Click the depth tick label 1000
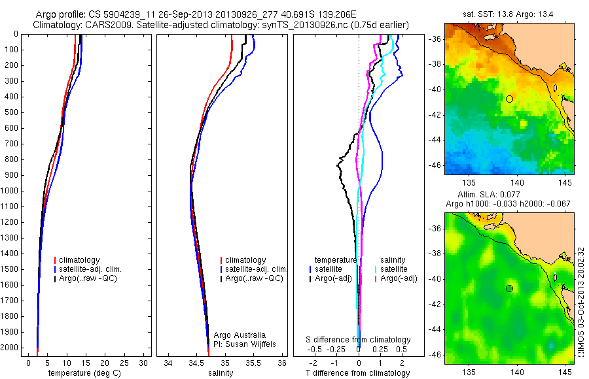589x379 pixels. pyautogui.click(x=12, y=191)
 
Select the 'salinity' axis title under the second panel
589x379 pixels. pyautogui.click(x=220, y=373)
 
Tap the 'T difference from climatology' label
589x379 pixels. pyautogui.click(x=358, y=373)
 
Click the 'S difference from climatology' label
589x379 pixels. pyautogui.click(x=359, y=340)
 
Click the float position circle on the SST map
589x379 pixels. pyautogui.click(x=509, y=99)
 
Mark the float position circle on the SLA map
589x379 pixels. pyautogui.click(x=509, y=288)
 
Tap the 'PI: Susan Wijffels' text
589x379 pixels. pyautogui.click(x=246, y=344)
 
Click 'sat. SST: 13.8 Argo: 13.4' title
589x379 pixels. pyautogui.click(x=509, y=13)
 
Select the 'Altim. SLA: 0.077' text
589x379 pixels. pyautogui.click(x=509, y=195)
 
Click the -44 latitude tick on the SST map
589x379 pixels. pyautogui.click(x=435, y=140)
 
